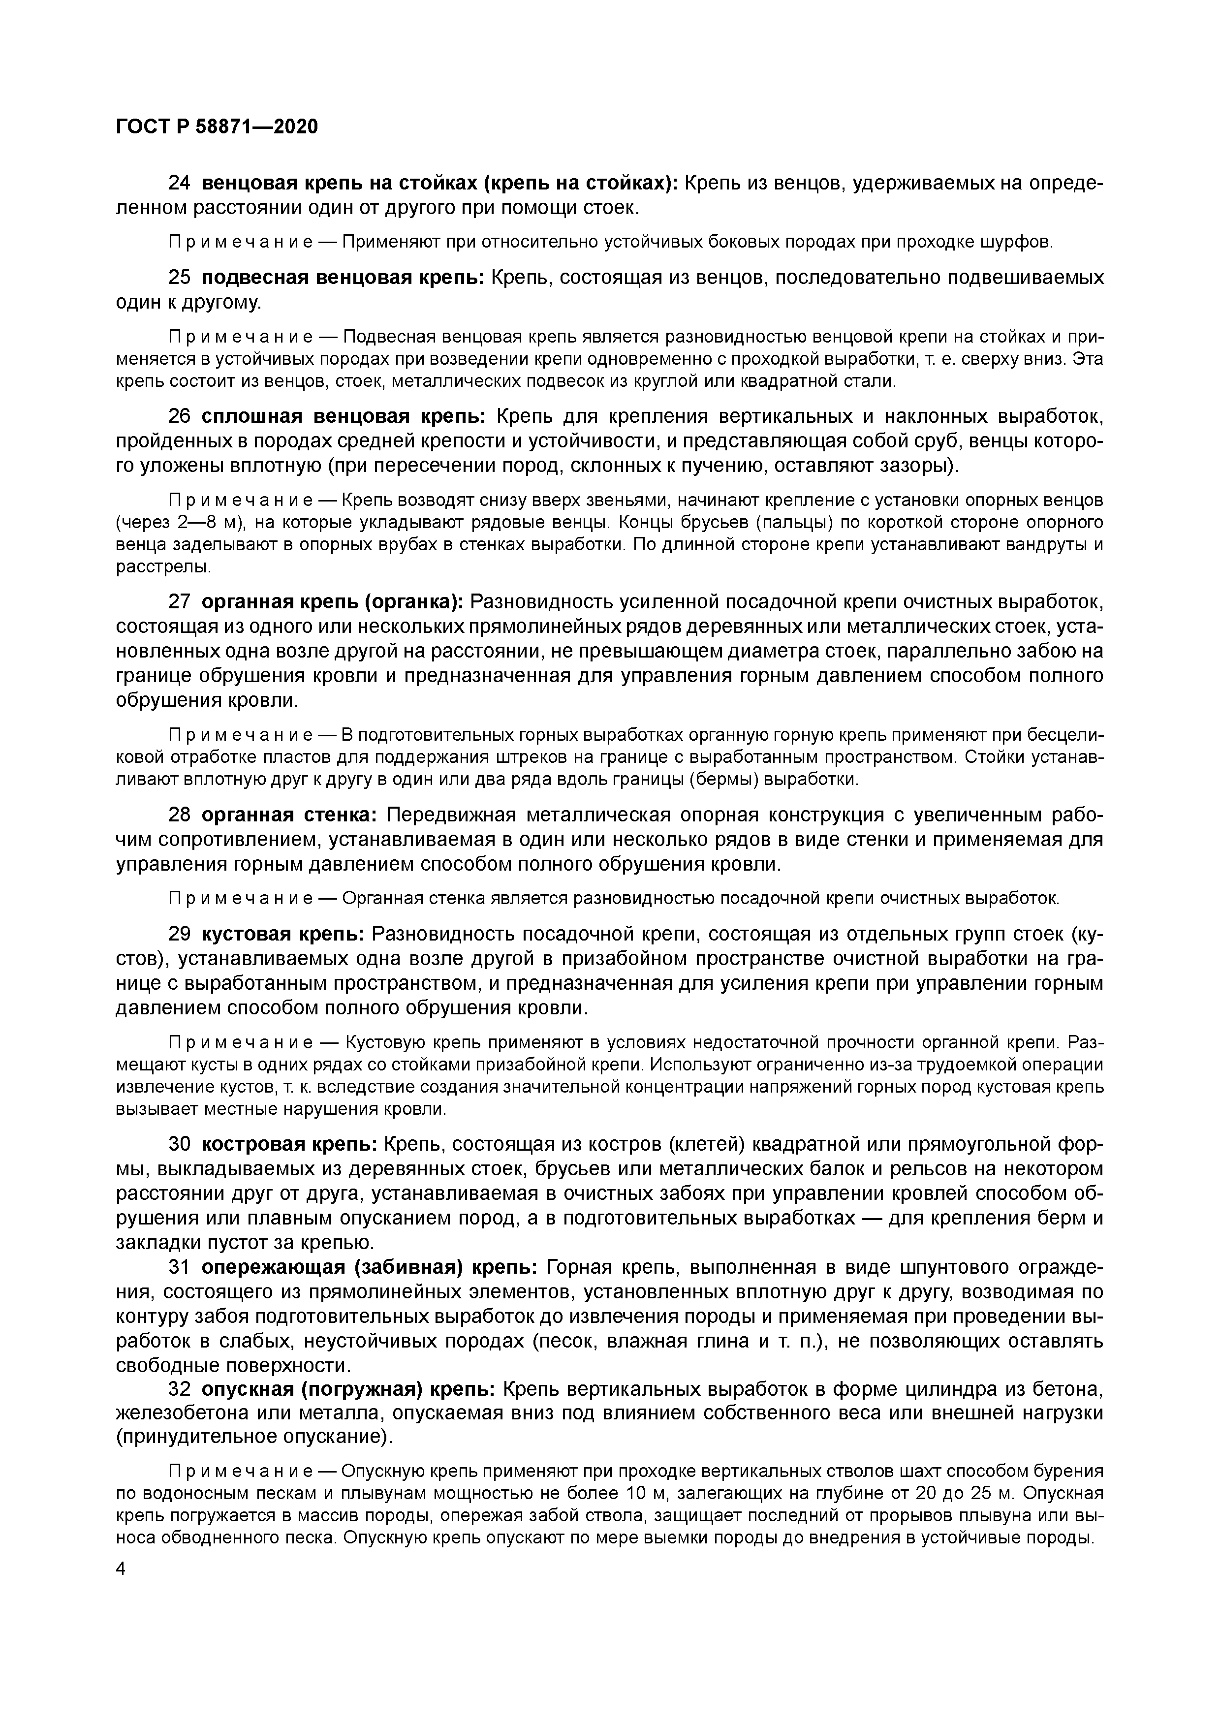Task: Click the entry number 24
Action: pos(180,184)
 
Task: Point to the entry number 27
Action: pos(180,602)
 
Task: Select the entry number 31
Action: pos(180,1267)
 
